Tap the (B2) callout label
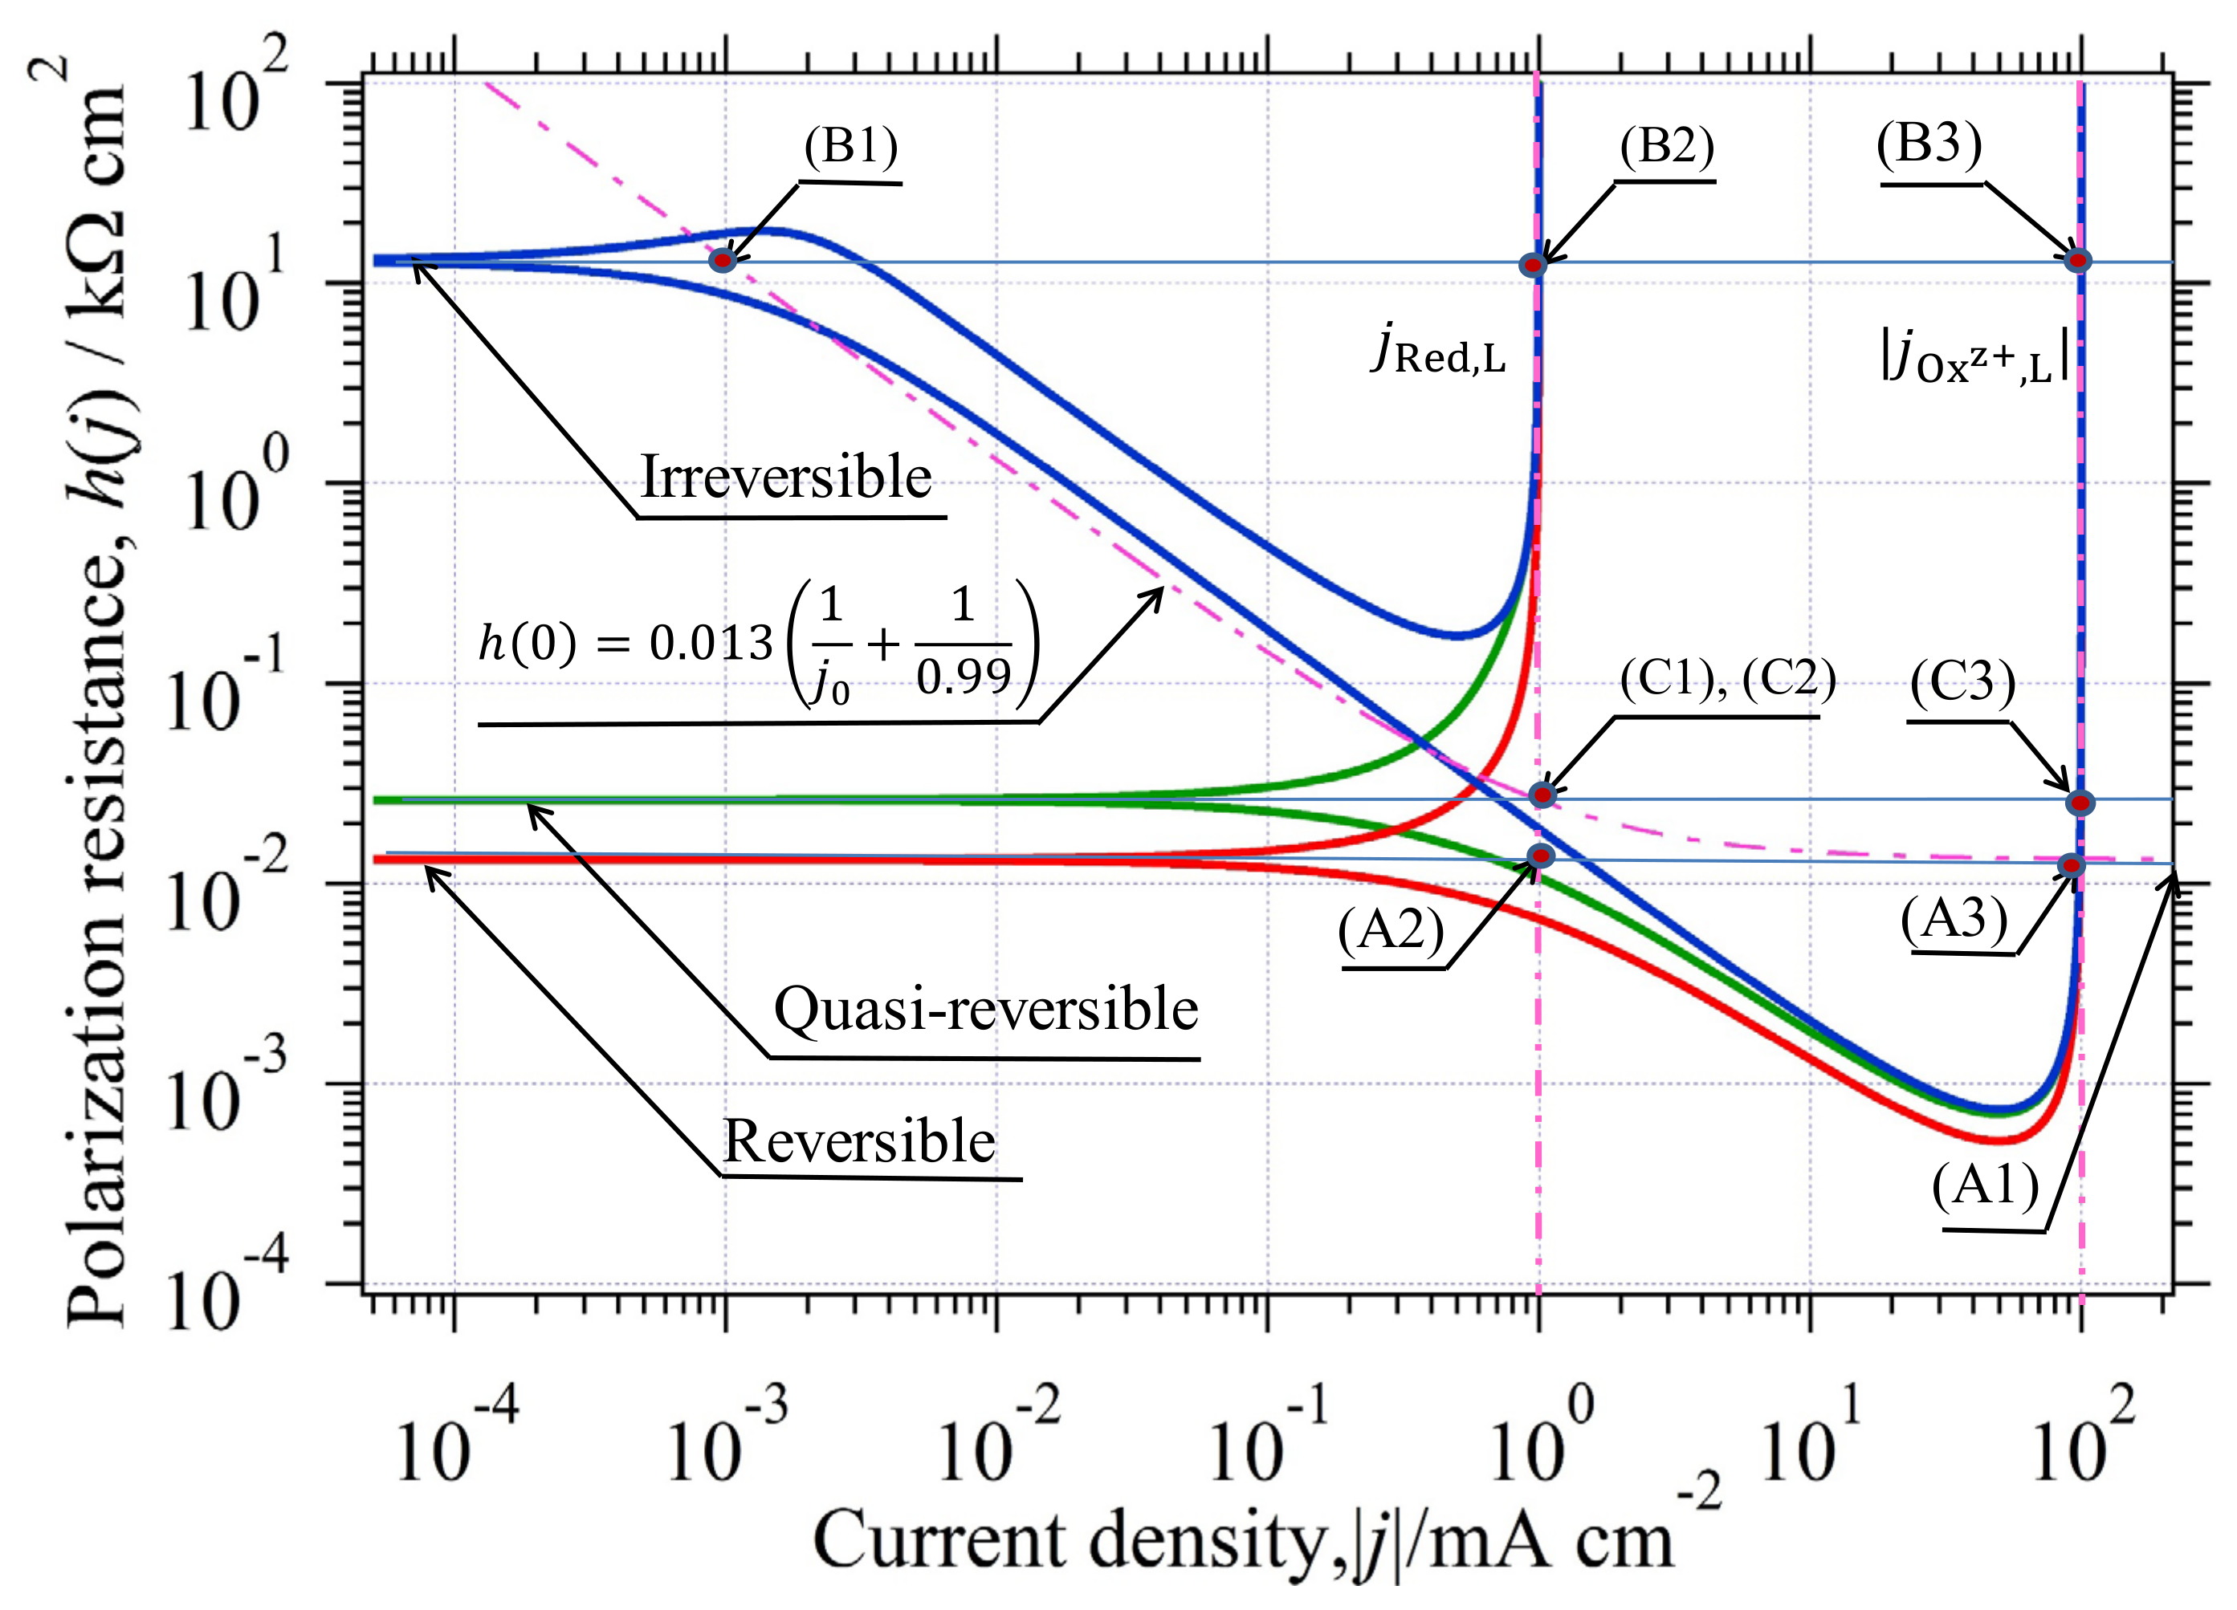(1666, 147)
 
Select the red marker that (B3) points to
(2077, 260)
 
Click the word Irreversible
(785, 478)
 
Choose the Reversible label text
(859, 1142)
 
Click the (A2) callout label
(1391, 929)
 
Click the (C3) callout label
(1963, 682)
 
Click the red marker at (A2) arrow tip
(1541, 856)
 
